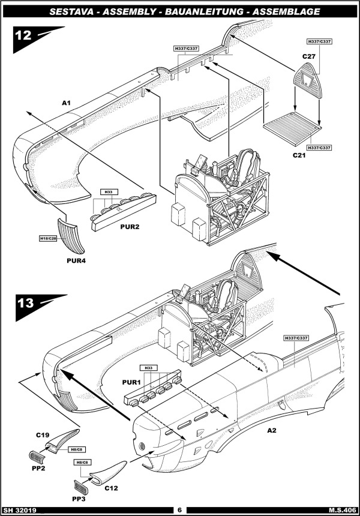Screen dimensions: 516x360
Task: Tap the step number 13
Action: click(x=25, y=302)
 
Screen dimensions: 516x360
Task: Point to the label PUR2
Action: click(x=130, y=227)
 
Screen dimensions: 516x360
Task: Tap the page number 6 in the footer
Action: click(x=179, y=510)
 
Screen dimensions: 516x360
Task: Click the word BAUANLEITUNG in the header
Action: click(x=212, y=11)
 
